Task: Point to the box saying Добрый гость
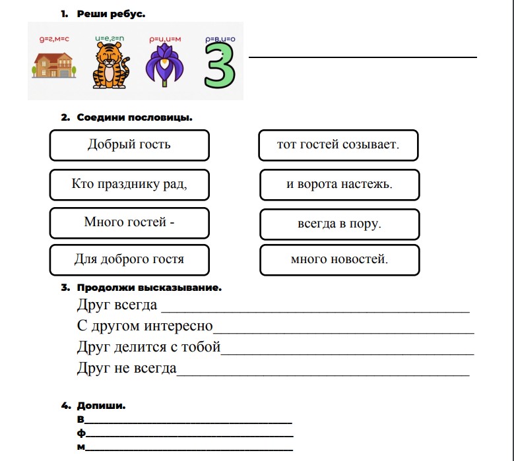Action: [x=129, y=145]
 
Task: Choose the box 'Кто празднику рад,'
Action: [x=129, y=185]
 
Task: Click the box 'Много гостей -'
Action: [x=129, y=223]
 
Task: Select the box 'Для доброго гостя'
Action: [x=129, y=260]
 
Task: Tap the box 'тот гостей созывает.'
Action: [x=338, y=145]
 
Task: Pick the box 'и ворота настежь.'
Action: [x=339, y=185]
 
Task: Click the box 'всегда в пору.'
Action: [x=339, y=224]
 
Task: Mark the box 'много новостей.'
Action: [x=339, y=260]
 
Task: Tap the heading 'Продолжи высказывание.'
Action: [x=149, y=288]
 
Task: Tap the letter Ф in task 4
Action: [x=81, y=434]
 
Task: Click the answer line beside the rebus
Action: [x=362, y=57]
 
